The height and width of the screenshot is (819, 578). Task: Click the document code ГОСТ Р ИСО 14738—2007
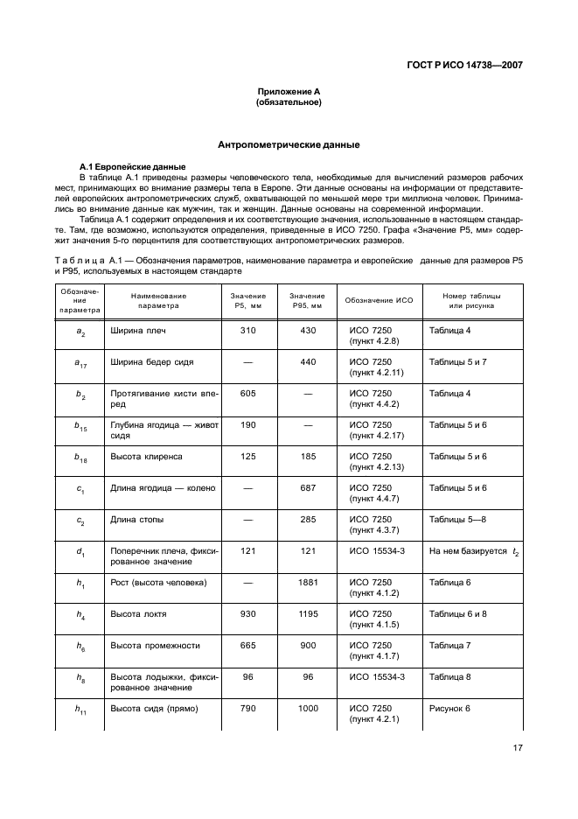(465, 65)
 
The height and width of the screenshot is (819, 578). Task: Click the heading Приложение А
(289, 93)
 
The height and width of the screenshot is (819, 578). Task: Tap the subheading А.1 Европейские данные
(122, 166)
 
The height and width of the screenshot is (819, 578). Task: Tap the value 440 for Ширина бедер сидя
(307, 362)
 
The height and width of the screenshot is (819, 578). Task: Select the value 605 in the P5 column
(247, 394)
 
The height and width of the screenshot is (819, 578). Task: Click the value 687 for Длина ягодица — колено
(307, 488)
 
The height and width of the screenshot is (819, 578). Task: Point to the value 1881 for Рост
(307, 583)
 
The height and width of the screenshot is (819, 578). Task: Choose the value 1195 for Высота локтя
(307, 614)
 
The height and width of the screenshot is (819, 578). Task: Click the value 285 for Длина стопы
(307, 520)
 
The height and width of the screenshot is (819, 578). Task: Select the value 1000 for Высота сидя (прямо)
(307, 709)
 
